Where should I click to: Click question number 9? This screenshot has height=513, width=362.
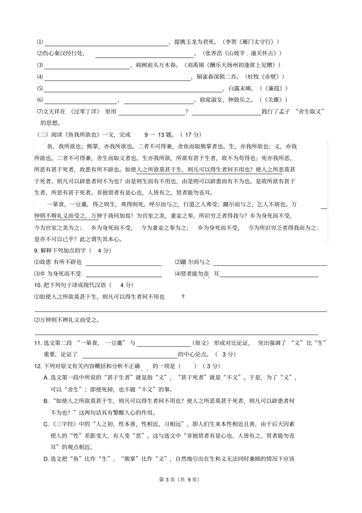point(36,250)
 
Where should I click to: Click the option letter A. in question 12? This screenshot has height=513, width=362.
point(46,378)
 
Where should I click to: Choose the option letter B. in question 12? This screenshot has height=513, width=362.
point(46,401)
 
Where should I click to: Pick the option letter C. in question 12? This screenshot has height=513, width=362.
point(46,424)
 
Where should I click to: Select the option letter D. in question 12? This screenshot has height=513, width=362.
point(46,459)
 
